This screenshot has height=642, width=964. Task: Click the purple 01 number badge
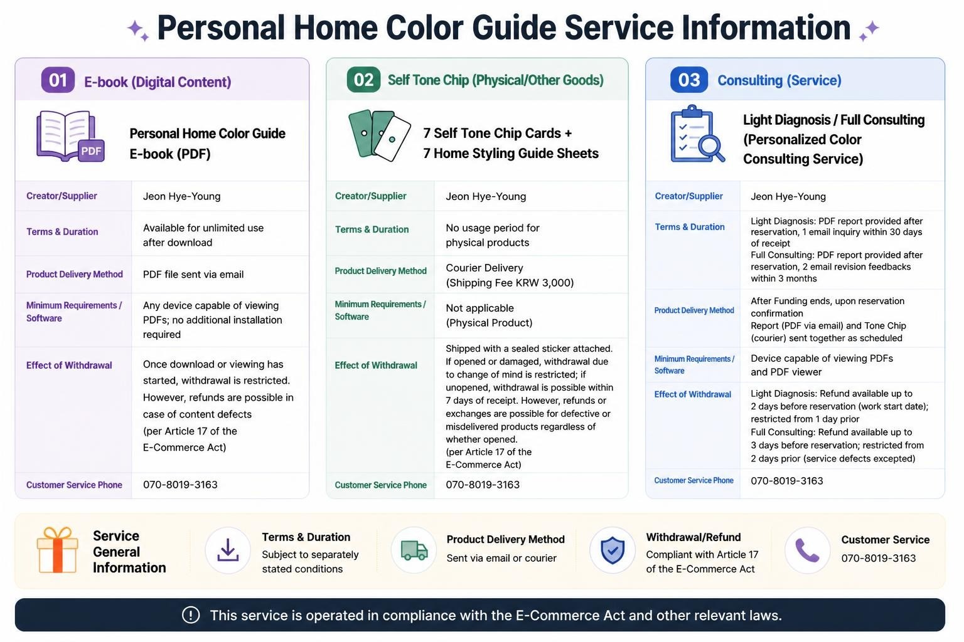point(58,80)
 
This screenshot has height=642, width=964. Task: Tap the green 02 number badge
point(363,80)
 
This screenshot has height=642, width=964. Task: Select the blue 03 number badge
point(689,80)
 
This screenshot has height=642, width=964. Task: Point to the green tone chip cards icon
point(379,135)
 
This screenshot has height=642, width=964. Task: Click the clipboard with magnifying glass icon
point(697,134)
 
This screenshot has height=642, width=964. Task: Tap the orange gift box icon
point(57,550)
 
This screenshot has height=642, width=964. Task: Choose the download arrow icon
point(228,550)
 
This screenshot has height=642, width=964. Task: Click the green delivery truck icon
point(414,550)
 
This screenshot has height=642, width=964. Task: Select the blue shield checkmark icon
point(613,550)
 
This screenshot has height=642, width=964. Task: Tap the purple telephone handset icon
point(807,550)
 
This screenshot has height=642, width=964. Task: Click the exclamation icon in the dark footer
point(191,615)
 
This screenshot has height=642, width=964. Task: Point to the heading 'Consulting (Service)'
point(779,80)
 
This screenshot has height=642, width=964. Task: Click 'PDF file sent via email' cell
point(193,275)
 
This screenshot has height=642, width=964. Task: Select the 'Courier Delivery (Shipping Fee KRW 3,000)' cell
point(510,275)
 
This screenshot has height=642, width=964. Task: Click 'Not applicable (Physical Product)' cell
point(489,315)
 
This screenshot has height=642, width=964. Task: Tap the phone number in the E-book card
point(180,485)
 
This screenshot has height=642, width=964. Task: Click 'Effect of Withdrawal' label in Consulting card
point(692,394)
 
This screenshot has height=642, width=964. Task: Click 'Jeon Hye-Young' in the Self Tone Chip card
point(486,196)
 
